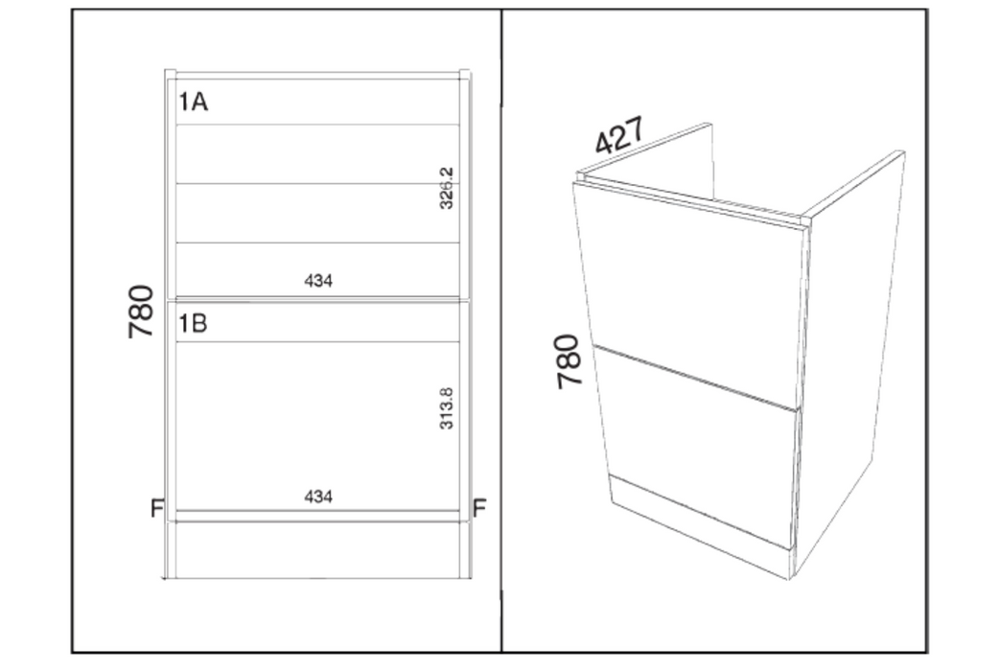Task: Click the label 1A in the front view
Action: pyautogui.click(x=193, y=102)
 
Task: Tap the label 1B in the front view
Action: pyautogui.click(x=193, y=324)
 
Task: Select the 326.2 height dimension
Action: pyautogui.click(x=446, y=188)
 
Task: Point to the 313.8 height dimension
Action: pyautogui.click(x=446, y=408)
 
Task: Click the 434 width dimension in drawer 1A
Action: pyautogui.click(x=318, y=280)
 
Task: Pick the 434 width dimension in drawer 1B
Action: pyautogui.click(x=318, y=497)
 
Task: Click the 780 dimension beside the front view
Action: pyautogui.click(x=141, y=311)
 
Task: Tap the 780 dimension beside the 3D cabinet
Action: pyautogui.click(x=569, y=361)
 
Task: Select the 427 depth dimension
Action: pyautogui.click(x=619, y=135)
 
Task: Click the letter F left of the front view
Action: pyautogui.click(x=157, y=508)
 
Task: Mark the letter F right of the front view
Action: pyautogui.click(x=479, y=508)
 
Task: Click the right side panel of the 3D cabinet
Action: pyautogui.click(x=850, y=363)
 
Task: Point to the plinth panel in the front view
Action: pyautogui.click(x=318, y=550)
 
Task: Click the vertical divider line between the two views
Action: pyautogui.click(x=501, y=332)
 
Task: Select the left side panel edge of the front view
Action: pyautogui.click(x=171, y=325)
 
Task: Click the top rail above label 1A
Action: pyautogui.click(x=318, y=76)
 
